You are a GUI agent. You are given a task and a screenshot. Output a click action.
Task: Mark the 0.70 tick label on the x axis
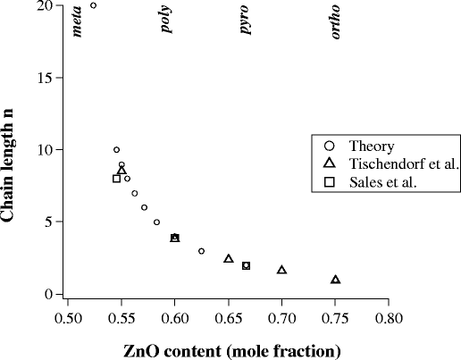click(x=281, y=315)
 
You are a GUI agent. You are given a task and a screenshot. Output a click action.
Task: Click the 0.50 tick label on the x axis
click(x=68, y=315)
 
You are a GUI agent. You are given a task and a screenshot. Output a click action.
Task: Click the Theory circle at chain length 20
click(x=94, y=5)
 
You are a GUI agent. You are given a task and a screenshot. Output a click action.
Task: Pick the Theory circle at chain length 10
click(x=116, y=150)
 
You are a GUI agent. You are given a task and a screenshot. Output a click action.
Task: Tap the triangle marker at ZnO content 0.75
click(x=335, y=280)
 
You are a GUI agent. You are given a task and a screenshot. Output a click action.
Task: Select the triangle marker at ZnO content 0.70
click(x=281, y=270)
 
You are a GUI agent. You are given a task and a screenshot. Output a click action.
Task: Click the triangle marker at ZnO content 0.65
click(x=229, y=259)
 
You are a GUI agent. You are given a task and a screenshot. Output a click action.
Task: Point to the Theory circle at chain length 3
click(x=201, y=251)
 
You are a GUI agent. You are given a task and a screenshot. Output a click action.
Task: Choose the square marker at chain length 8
click(x=116, y=179)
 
